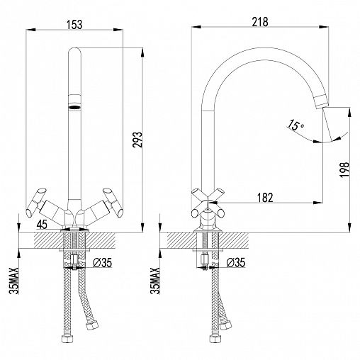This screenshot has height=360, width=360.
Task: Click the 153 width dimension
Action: tap(74, 25)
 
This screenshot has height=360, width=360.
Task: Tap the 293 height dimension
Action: tap(137, 140)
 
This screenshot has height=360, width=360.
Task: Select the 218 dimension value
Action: tap(260, 22)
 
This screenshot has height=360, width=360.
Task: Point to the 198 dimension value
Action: tap(344, 169)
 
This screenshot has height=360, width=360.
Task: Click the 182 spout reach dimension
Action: tap(265, 198)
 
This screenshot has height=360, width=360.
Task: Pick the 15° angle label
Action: tap(295, 125)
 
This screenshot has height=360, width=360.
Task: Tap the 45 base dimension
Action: tap(42, 224)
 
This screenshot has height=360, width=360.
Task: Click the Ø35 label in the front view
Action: tap(102, 262)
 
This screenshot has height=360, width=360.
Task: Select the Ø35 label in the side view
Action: tap(236, 262)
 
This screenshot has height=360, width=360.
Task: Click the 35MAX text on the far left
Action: tap(13, 281)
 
